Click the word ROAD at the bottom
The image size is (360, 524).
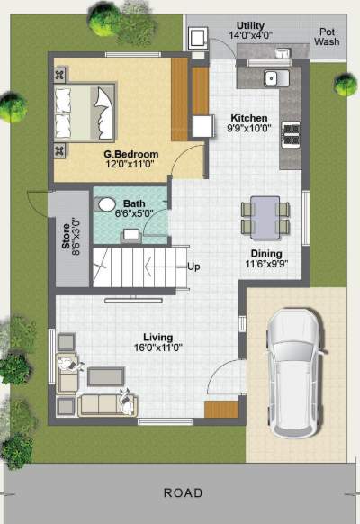pos(183,493)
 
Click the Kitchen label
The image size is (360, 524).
pos(247,118)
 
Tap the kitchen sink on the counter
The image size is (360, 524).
pos(274,78)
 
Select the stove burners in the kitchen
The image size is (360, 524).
pos(292,135)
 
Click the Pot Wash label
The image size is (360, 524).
pos(327,36)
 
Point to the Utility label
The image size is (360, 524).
pos(252,25)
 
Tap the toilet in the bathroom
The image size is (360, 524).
pos(107,204)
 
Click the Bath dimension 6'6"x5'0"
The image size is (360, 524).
pos(132,213)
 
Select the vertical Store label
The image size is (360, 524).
pos(65,239)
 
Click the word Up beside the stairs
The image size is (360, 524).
pos(193,267)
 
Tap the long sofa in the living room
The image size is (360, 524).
pos(104,404)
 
